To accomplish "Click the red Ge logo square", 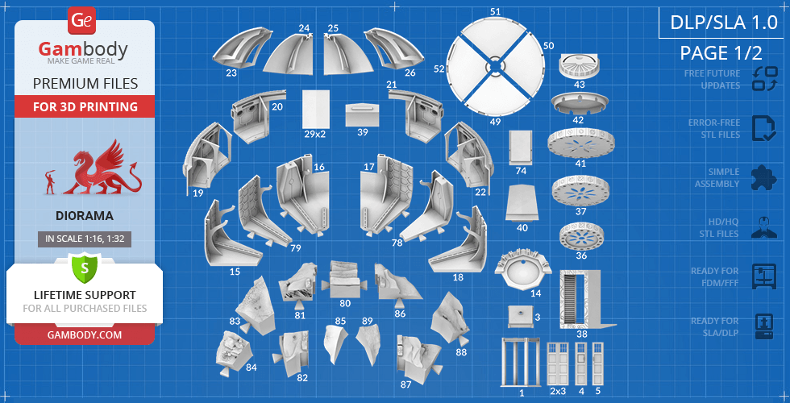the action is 81,21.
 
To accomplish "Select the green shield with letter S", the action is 84,268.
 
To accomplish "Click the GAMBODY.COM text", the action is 84,334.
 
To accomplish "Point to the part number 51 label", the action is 496,11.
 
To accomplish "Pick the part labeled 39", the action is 362,115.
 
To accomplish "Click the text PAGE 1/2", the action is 721,53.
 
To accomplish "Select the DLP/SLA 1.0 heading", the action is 724,23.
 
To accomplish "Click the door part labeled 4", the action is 581,364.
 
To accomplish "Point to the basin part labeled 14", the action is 521,270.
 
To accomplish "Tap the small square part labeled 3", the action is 520,316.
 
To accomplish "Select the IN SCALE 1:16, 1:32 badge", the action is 84,239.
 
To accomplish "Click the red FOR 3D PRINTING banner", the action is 85,106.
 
